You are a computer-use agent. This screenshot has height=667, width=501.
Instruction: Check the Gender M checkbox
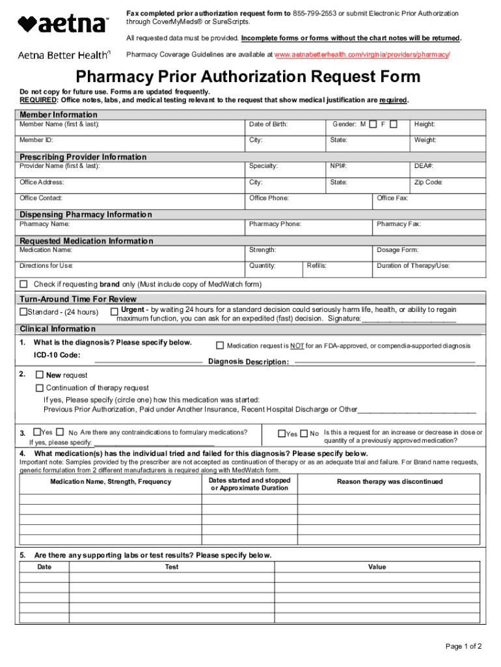coord(373,124)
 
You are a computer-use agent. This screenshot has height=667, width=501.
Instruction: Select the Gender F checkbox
coord(394,124)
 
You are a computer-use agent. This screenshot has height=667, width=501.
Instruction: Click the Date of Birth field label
coord(268,124)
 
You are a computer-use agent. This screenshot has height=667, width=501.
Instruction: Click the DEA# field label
coord(424,166)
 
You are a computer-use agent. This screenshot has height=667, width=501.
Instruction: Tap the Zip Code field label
coord(428,182)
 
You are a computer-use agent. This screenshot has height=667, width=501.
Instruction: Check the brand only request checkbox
coord(24,284)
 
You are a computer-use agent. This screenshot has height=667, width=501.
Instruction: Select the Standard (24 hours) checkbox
coord(24,312)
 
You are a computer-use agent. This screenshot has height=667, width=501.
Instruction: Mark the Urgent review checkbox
coord(114,311)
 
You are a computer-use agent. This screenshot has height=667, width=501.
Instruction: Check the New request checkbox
coord(40,375)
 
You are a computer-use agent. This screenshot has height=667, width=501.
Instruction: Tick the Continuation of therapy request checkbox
coord(40,388)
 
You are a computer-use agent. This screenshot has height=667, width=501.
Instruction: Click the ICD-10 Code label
coord(57,355)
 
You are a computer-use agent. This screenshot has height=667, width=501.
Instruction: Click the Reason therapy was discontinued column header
coord(389,482)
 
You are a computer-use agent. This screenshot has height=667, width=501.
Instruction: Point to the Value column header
coord(377,567)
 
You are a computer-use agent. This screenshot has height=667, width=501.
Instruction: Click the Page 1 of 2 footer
coord(463,647)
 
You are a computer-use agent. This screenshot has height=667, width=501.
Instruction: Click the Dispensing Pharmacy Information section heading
coord(85,214)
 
